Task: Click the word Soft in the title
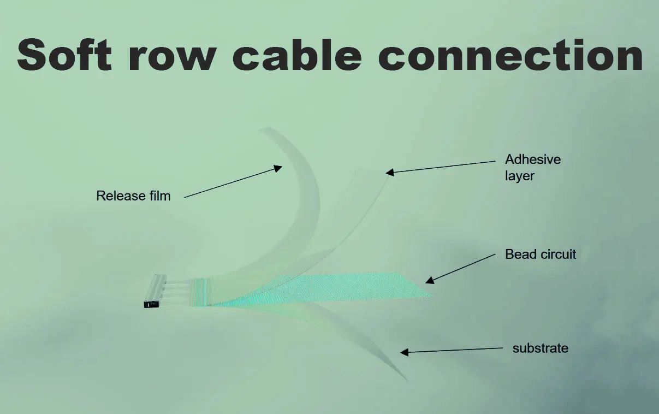(64, 55)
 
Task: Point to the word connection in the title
(510, 55)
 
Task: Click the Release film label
(133, 196)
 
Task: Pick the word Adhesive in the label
(532, 159)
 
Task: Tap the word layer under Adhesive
(519, 176)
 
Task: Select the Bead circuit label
(541, 254)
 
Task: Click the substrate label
(540, 348)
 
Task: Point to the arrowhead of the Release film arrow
(279, 168)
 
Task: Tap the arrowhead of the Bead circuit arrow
(429, 281)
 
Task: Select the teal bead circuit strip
(355, 287)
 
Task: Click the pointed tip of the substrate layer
(407, 380)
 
